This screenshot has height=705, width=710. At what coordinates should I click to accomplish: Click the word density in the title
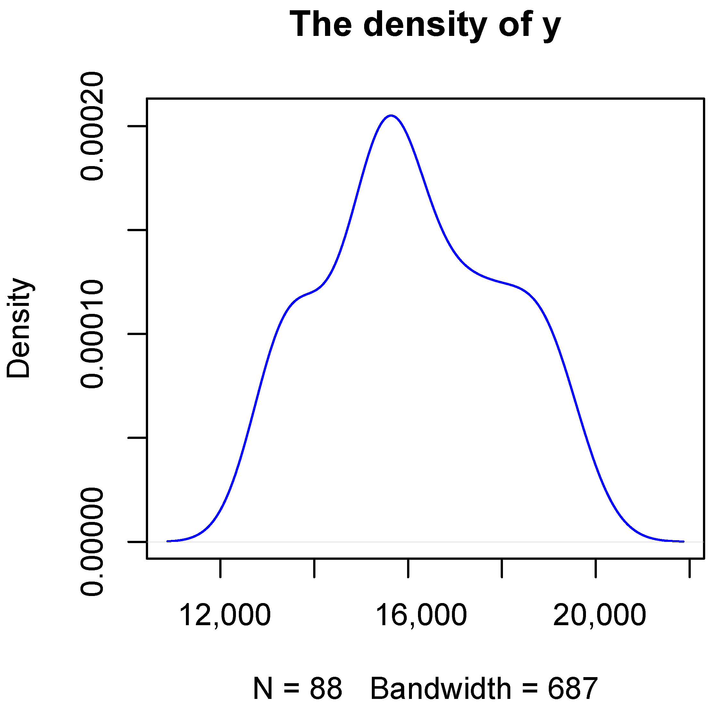coord(425,25)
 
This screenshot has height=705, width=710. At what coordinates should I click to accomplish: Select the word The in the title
coord(321,24)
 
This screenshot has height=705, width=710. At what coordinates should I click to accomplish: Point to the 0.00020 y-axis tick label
coord(92,126)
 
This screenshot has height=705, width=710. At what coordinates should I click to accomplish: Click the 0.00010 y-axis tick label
coord(92,334)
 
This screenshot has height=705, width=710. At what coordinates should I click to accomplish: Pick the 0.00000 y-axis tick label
coord(92,541)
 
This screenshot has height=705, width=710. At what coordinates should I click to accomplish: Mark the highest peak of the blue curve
coord(391,115)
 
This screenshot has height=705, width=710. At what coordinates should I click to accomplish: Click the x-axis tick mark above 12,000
coord(221,568)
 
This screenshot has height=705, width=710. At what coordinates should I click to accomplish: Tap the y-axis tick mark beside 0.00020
coord(138,126)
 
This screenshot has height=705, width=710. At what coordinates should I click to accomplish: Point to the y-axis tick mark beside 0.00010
coord(138,334)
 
